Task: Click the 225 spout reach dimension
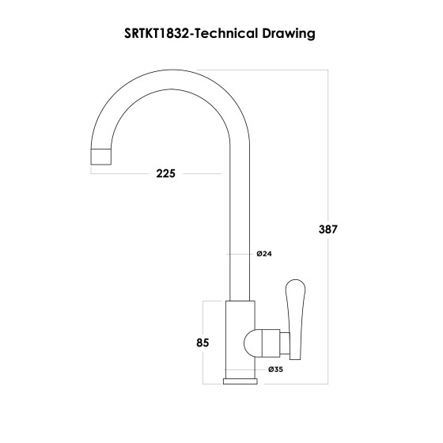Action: (x=165, y=174)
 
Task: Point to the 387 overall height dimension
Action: (x=328, y=229)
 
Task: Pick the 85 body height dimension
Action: (x=202, y=343)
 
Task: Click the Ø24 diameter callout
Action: (x=264, y=254)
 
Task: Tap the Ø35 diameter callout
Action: (x=276, y=369)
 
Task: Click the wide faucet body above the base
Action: (x=240, y=340)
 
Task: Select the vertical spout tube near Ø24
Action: (x=240, y=237)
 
